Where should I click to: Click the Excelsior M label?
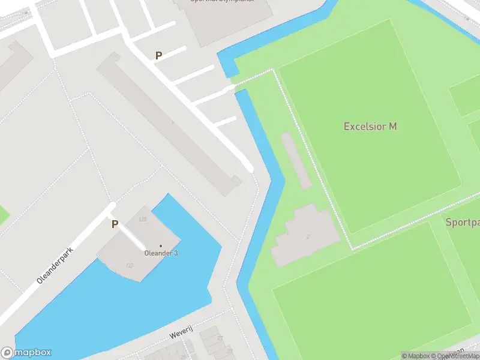coord(370,127)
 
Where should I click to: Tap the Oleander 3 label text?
coord(161,253)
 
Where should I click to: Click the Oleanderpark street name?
coord(55,265)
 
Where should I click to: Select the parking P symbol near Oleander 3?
coord(115,224)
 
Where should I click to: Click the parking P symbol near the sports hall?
coord(158,56)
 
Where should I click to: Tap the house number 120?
coord(142,219)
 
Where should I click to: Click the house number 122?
coord(129,265)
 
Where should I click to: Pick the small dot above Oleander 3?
coord(160,245)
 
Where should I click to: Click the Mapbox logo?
coord(26,353)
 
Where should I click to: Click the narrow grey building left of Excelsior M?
coord(296,160)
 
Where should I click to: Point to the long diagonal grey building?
coord(168,123)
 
